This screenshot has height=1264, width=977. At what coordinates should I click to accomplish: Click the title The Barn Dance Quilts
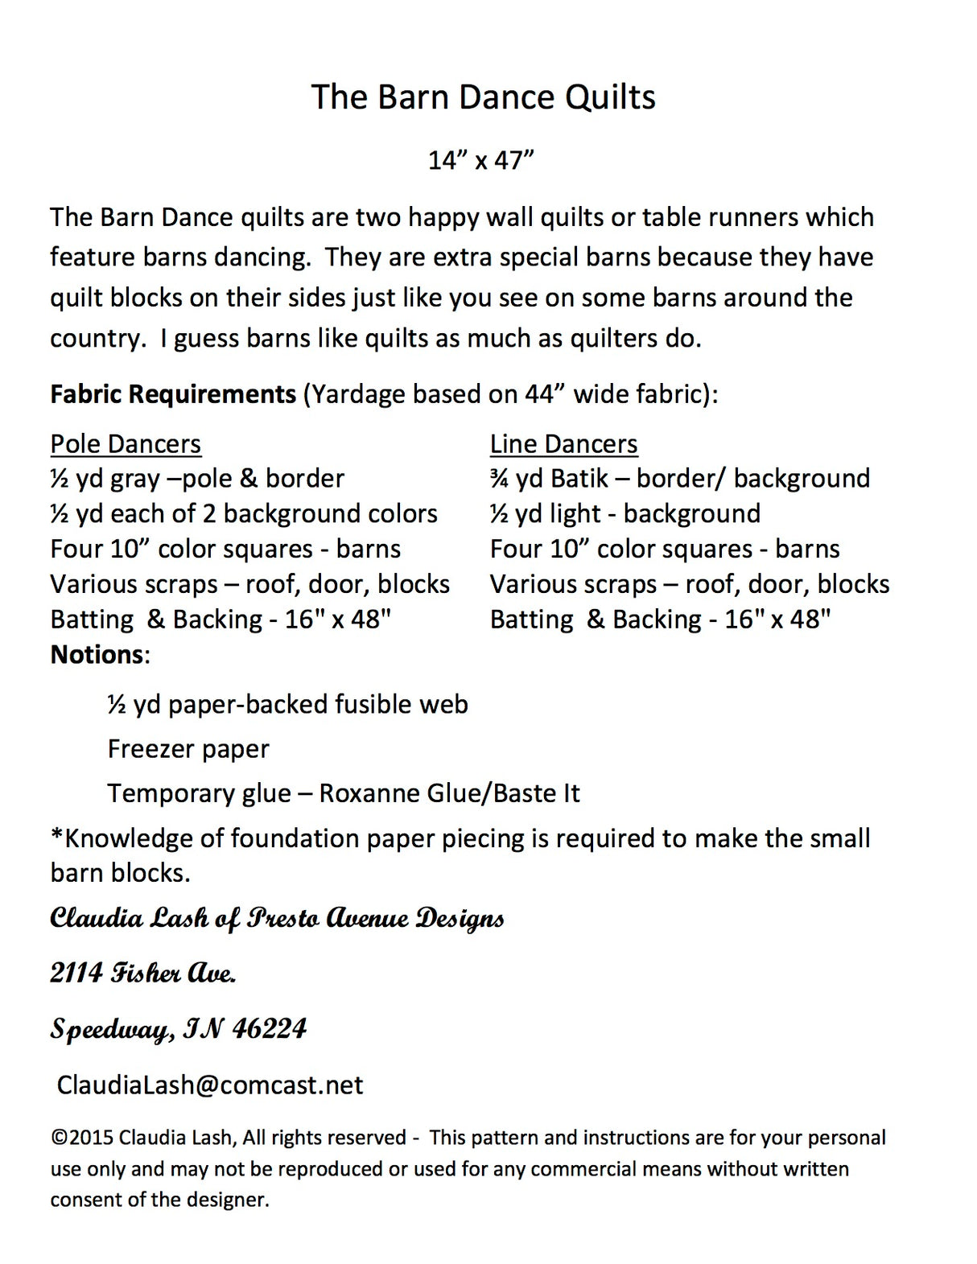tap(483, 97)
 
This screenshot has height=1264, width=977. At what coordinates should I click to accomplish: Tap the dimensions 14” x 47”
tap(481, 160)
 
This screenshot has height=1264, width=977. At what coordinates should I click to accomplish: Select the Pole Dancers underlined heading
tap(126, 444)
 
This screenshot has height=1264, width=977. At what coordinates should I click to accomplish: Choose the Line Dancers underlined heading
tap(563, 444)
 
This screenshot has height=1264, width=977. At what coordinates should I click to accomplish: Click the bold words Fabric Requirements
tap(173, 394)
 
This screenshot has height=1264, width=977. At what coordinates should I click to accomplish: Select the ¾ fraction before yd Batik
tap(498, 479)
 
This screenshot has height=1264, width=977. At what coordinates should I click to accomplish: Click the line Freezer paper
tap(188, 749)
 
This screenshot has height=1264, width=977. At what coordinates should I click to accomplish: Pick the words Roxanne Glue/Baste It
tap(449, 793)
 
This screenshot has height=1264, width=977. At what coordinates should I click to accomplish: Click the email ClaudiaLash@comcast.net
tap(210, 1085)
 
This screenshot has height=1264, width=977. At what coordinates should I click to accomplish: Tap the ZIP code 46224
tap(270, 1028)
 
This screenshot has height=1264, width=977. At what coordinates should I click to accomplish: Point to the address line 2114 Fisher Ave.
tap(143, 974)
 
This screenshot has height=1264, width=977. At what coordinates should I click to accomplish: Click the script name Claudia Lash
tap(129, 918)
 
